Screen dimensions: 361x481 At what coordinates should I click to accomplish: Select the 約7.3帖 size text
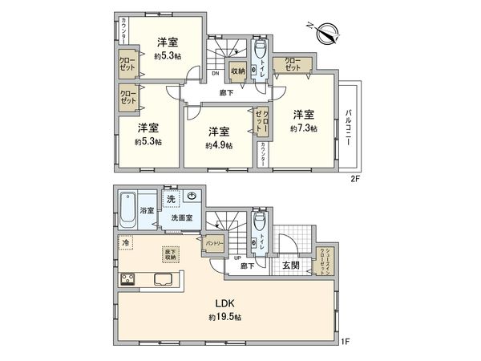(x=303, y=128)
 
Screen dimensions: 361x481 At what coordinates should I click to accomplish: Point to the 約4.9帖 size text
(x=218, y=145)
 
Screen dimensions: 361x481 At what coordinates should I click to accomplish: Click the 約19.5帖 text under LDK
(x=226, y=317)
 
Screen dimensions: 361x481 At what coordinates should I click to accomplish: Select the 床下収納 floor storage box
(x=172, y=253)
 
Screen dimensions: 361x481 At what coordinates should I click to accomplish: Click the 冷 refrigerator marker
(x=127, y=241)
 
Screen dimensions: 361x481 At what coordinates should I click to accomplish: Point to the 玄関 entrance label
(x=290, y=266)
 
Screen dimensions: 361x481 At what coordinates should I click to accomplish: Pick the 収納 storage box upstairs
(x=237, y=70)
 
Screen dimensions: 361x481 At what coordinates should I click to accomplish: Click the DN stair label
(x=216, y=75)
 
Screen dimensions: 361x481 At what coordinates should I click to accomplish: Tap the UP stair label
(x=238, y=258)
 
